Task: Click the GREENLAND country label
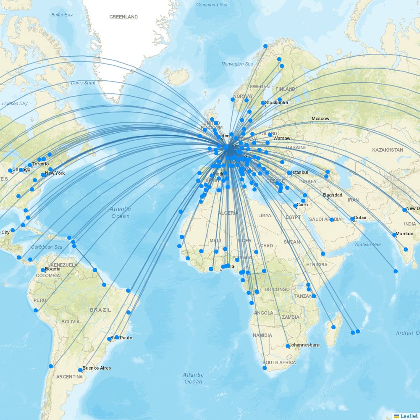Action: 123,17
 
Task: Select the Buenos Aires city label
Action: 97,368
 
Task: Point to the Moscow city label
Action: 320,118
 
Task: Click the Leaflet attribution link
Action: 409,416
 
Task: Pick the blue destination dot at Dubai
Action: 352,219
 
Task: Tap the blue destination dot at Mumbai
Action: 394,235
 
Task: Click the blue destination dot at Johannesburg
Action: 288,346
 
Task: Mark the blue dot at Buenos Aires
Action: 80,370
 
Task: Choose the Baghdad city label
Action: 333,195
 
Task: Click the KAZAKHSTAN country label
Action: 387,150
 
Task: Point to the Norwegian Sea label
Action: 237,64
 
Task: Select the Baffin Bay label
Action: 62,15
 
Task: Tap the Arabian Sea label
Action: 368,244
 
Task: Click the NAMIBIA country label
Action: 262,335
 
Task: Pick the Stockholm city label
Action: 276,102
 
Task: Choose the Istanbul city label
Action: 299,172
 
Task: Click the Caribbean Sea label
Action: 47,247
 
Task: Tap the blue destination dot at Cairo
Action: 295,206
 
